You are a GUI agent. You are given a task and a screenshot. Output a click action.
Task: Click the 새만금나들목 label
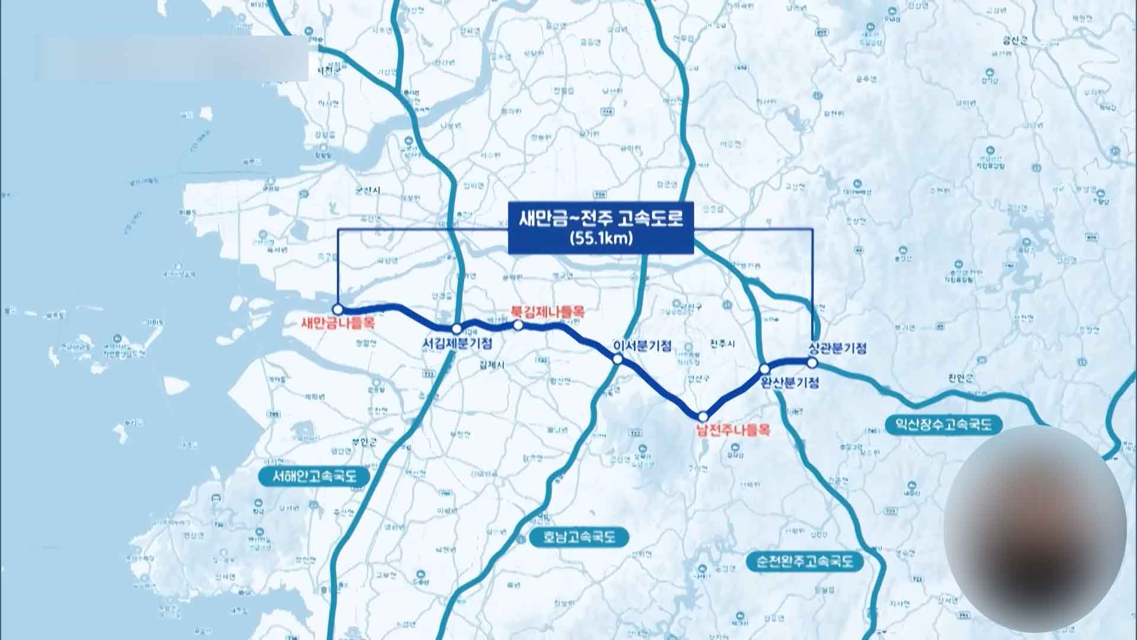coord(339,324)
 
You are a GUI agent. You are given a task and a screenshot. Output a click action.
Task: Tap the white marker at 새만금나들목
coord(338,309)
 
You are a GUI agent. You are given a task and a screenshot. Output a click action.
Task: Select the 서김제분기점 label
coord(457,343)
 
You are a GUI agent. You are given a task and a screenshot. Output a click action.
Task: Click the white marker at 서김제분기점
coord(457,328)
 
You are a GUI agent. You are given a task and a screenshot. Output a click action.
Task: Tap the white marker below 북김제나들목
coord(518,325)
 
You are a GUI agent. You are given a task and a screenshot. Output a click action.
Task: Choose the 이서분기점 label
coord(643,345)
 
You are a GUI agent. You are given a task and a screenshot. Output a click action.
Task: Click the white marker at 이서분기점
coord(617,359)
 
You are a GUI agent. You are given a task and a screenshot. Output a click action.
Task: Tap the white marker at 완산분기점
coord(765,369)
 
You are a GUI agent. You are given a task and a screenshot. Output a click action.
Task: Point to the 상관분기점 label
coord(837,348)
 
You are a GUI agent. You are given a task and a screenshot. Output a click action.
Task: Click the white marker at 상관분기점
coord(812,362)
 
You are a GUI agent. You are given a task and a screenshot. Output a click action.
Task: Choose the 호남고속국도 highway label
coord(580,537)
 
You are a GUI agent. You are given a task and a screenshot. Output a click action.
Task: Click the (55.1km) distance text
coord(600,239)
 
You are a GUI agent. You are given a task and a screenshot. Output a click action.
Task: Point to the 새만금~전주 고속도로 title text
coord(600,219)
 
